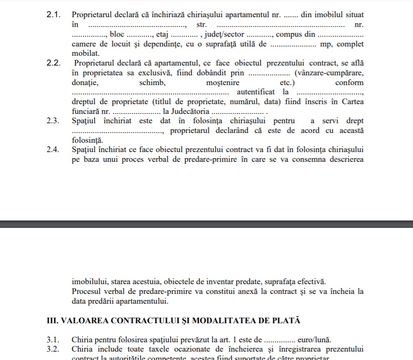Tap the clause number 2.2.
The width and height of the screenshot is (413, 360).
click(x=54, y=63)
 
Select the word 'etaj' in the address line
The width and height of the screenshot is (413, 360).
click(x=162, y=34)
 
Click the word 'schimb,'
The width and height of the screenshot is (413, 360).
click(x=152, y=83)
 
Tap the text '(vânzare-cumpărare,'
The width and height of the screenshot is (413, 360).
click(x=329, y=73)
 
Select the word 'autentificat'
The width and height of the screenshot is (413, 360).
click(x=256, y=92)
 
